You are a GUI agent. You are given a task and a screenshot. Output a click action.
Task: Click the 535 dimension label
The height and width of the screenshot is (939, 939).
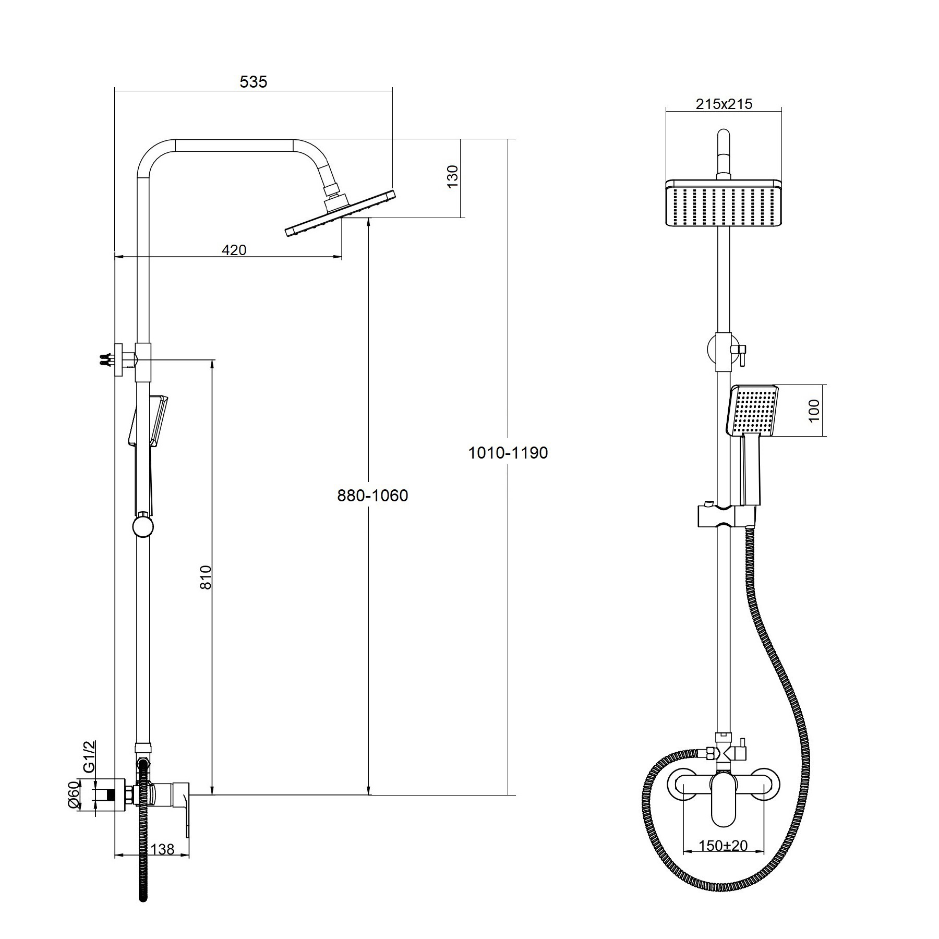tap(253, 82)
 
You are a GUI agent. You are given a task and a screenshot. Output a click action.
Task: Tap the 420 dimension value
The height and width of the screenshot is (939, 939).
tap(234, 250)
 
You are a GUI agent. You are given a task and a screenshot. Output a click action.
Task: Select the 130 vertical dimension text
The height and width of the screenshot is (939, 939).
tap(452, 176)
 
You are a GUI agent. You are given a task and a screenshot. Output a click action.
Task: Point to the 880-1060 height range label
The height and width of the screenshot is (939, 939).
tap(372, 495)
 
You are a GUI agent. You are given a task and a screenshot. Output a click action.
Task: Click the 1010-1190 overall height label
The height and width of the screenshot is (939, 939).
tap(508, 453)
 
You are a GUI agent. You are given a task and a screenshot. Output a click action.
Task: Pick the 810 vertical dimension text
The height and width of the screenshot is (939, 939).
tap(207, 577)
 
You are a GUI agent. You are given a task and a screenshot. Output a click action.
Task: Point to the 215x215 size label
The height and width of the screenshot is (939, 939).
tap(724, 104)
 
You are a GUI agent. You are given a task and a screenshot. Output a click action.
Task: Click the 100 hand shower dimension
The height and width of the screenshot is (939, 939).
tap(814, 411)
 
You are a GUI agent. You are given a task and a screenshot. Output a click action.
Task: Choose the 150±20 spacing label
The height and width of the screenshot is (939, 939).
tap(724, 846)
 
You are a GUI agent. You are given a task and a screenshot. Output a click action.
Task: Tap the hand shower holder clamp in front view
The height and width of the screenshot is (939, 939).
tap(726, 516)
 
